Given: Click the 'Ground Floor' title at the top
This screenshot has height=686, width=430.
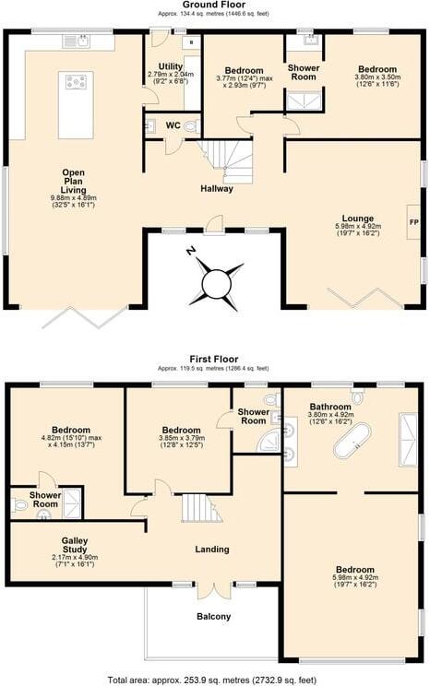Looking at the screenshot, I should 215,6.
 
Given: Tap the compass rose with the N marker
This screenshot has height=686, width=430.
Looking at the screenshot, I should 217,281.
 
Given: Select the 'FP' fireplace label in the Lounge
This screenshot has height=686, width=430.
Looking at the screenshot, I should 412,222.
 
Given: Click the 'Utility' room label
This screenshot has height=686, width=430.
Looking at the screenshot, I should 171,66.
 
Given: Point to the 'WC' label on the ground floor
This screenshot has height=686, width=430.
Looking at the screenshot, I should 173,124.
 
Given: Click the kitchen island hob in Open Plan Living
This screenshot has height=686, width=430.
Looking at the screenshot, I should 76,82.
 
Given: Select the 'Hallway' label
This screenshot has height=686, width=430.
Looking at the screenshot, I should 217,189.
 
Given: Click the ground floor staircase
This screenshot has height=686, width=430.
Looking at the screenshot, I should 229,159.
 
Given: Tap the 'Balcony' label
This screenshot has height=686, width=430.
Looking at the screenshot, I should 213,616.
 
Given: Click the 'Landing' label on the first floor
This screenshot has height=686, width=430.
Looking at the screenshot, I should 212,550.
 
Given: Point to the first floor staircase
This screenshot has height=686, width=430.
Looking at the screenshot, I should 199,508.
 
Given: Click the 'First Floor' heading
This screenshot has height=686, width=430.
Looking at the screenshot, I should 213,360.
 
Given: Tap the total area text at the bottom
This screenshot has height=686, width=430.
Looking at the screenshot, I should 215,680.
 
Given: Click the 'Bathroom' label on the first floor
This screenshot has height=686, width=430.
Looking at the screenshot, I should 330,407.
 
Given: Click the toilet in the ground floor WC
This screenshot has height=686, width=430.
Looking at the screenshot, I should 190,126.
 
